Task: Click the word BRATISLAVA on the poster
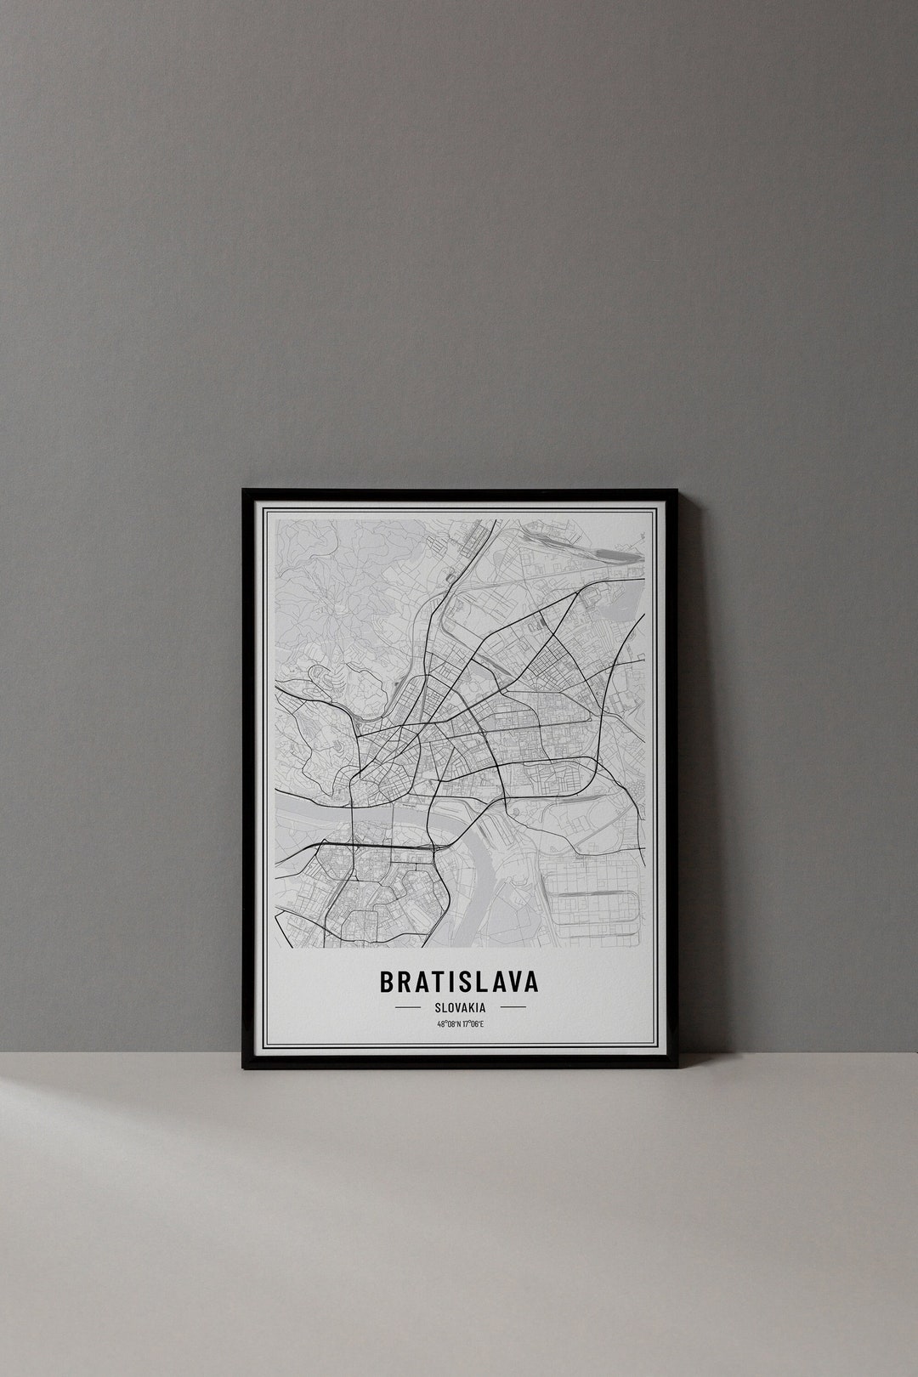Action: (459, 982)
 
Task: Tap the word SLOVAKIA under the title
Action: (459, 1007)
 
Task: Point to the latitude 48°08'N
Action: (448, 1024)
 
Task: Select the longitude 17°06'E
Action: (472, 1024)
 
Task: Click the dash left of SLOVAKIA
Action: (408, 1007)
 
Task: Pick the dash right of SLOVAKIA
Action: (513, 1007)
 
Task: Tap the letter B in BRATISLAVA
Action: (387, 982)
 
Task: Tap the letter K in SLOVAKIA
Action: (473, 1007)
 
